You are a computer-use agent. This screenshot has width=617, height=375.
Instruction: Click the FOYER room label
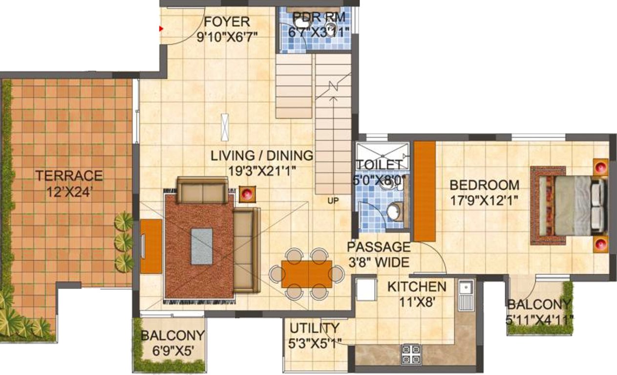[x=227, y=22]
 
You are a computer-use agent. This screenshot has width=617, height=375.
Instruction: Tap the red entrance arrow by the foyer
[x=160, y=29]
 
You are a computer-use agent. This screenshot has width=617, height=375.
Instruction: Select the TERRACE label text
[x=69, y=175]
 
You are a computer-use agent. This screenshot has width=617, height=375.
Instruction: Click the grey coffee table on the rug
[x=202, y=247]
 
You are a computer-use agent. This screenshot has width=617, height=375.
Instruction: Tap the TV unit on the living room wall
[x=151, y=246]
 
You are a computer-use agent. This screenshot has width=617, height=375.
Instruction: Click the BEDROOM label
[x=484, y=185]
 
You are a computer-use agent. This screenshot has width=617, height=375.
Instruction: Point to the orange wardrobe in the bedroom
[x=425, y=191]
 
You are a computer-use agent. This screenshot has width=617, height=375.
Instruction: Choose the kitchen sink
[x=465, y=292]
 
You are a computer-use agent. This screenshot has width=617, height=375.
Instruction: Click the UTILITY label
[x=314, y=328]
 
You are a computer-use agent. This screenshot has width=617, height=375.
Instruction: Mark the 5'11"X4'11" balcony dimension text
[x=540, y=319]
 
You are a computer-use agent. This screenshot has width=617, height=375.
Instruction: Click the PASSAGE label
[x=379, y=247]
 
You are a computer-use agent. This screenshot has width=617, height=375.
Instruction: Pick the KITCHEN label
[x=416, y=287]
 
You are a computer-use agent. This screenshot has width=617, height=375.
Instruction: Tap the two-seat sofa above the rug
[x=202, y=190]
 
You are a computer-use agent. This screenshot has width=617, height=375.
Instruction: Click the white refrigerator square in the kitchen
[x=365, y=290]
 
